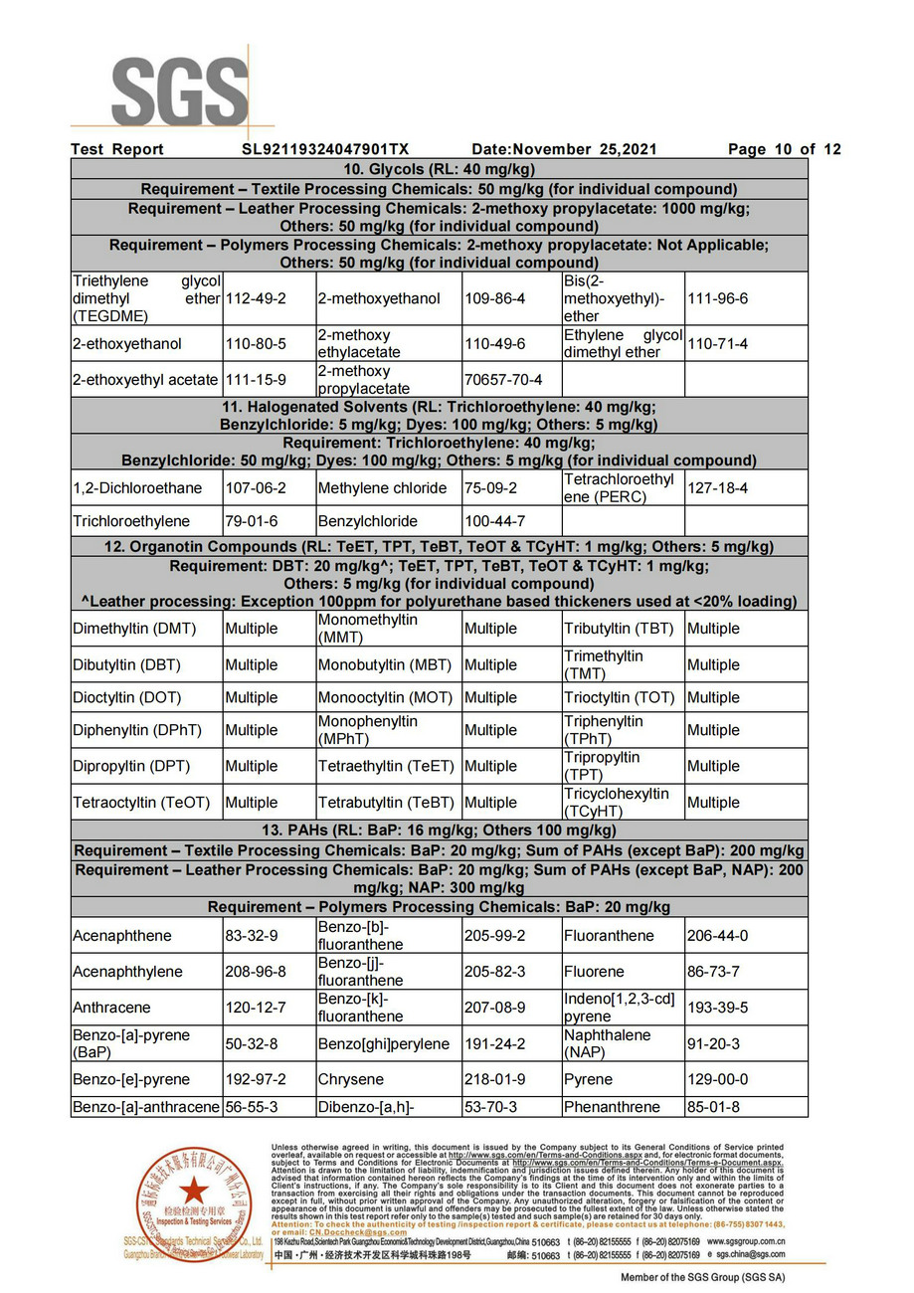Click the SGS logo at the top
click(179, 92)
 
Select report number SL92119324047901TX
click(325, 149)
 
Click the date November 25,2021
click(564, 149)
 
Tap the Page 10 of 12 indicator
click(784, 149)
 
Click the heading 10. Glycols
click(439, 169)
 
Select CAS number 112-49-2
click(256, 298)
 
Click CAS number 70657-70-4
click(503, 380)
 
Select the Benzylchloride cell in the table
click(367, 521)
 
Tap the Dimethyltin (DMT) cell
click(134, 629)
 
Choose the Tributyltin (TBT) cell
click(619, 629)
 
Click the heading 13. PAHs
click(439, 831)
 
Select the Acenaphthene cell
click(121, 936)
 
